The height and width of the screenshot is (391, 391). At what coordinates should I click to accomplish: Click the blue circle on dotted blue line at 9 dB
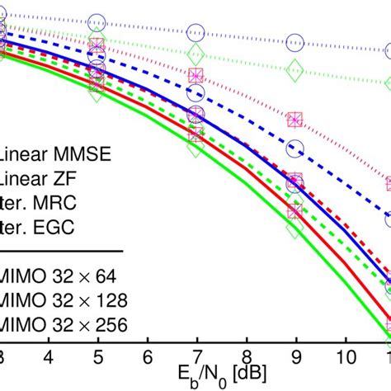(x=294, y=41)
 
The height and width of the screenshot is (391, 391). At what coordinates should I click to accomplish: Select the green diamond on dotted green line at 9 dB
(x=294, y=71)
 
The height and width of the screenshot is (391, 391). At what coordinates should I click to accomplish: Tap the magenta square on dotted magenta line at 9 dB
(x=294, y=120)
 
